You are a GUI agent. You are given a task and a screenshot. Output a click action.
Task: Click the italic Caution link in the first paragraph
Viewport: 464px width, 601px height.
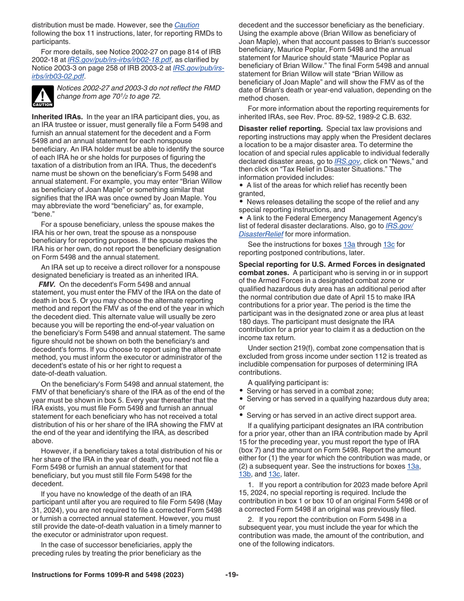(187, 25)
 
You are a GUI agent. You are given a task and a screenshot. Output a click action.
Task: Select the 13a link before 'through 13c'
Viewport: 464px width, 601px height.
(349, 245)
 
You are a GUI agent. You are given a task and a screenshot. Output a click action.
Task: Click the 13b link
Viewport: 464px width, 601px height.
(245, 474)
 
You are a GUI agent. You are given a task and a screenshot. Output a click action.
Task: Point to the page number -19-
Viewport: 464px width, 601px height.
(232, 575)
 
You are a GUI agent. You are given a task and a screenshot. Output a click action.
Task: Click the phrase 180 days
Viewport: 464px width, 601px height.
(252, 322)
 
